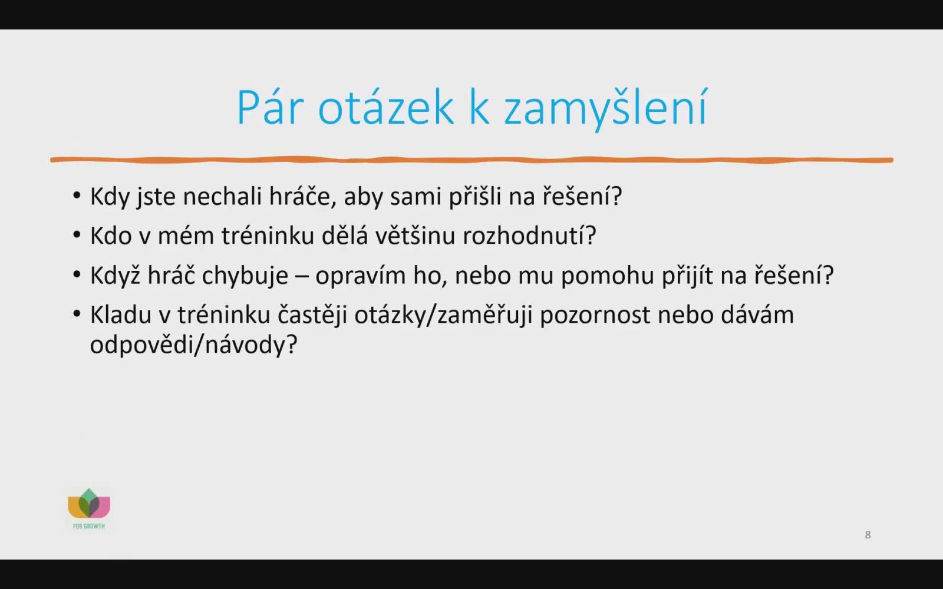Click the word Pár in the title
271,107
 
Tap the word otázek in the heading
386,107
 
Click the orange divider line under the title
471,160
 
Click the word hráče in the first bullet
303,196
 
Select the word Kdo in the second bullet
111,236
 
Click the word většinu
416,235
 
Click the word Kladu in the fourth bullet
121,315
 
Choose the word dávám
757,315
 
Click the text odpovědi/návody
194,345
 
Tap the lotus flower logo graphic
89,503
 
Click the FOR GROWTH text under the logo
89,526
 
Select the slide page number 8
868,535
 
